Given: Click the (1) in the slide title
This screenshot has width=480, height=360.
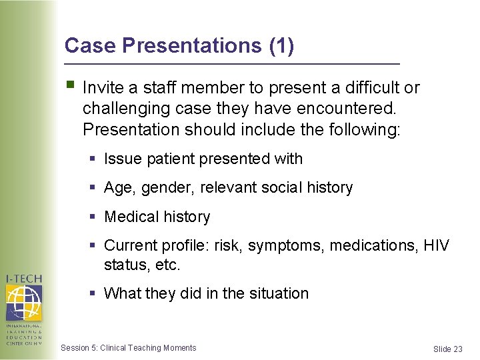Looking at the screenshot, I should coord(281,45).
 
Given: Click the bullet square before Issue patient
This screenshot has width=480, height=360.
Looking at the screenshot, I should coord(94,159).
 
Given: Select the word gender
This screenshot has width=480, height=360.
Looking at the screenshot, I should coord(160,188).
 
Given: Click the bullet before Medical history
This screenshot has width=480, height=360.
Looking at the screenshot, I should coord(94,217).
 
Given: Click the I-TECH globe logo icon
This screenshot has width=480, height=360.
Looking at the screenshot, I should coord(23,303).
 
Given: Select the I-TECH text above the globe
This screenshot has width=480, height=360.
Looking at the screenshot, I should coord(23,279).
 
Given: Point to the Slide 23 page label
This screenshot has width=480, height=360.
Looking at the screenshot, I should coord(447,349).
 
